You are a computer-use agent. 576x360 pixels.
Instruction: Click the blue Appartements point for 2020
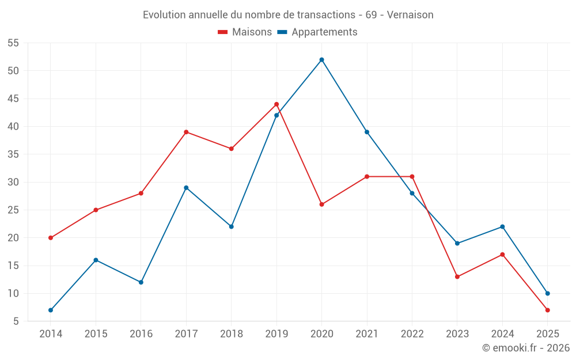pyautogui.click(x=321, y=60)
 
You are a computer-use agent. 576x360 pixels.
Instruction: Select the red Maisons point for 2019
pyautogui.click(x=276, y=104)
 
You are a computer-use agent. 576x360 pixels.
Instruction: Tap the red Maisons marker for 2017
pyautogui.click(x=186, y=132)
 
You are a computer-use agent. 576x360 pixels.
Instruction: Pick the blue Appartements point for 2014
pyautogui.click(x=51, y=310)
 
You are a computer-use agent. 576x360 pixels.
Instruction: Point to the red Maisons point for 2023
pyautogui.click(x=457, y=276)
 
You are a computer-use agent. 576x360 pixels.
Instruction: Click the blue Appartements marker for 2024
pyautogui.click(x=502, y=226)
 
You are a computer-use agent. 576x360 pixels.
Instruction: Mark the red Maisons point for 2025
pyautogui.click(x=547, y=310)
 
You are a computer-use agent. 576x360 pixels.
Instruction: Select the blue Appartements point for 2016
pyautogui.click(x=141, y=282)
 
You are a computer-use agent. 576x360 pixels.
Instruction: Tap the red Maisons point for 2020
pyautogui.click(x=321, y=204)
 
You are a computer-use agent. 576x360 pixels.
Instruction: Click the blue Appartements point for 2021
pyautogui.click(x=367, y=132)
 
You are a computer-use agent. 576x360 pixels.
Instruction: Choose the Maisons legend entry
pyautogui.click(x=245, y=32)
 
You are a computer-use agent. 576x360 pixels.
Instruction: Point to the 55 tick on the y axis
pyautogui.click(x=13, y=43)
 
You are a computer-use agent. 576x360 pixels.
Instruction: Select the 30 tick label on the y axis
pyautogui.click(x=13, y=182)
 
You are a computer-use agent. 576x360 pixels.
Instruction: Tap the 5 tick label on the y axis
pyautogui.click(x=16, y=321)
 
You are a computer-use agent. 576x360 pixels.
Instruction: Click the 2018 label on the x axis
pyautogui.click(x=231, y=334)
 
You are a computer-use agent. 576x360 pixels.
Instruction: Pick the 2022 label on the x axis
pyautogui.click(x=412, y=334)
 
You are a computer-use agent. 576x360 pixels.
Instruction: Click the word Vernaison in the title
pyautogui.click(x=410, y=14)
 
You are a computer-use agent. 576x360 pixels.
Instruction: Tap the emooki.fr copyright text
pyautogui.click(x=525, y=348)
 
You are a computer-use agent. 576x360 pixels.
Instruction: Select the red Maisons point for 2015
pyautogui.click(x=96, y=210)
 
